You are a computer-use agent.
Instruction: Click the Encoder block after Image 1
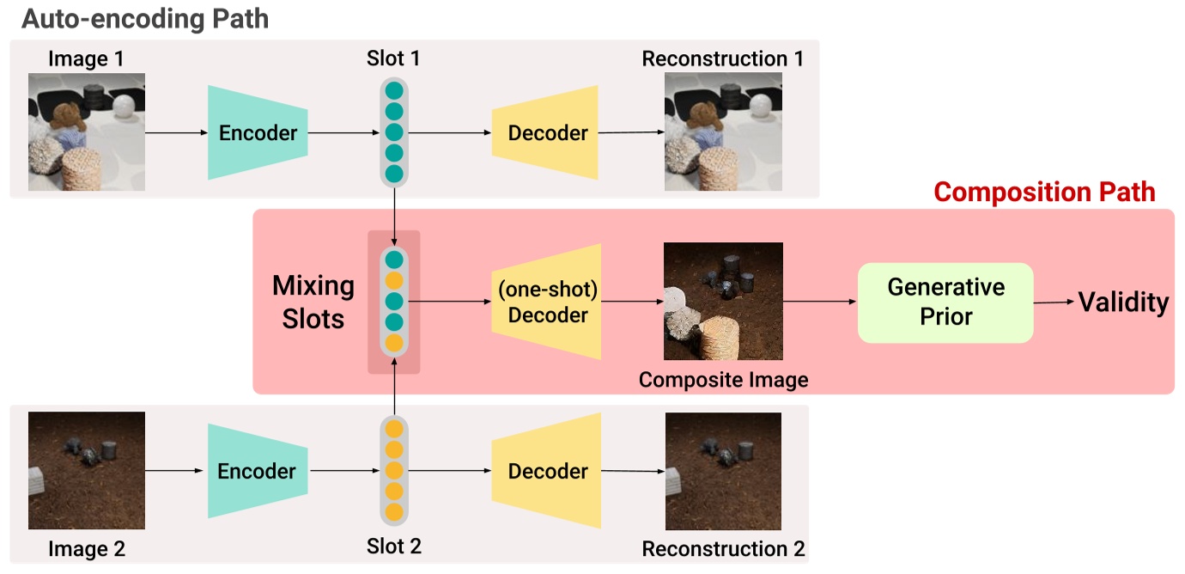tap(258, 132)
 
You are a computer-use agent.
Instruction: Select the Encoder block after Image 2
tap(258, 471)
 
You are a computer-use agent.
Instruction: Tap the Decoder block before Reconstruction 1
tap(546, 132)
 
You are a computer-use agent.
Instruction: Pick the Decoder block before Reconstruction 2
tap(546, 471)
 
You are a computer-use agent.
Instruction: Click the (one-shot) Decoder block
tap(546, 302)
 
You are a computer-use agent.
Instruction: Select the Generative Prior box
tap(945, 302)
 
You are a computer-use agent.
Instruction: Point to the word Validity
tap(1123, 302)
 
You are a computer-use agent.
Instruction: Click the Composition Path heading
tap(1044, 192)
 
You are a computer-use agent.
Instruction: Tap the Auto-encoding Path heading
tap(145, 18)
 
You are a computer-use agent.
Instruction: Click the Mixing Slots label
tap(313, 302)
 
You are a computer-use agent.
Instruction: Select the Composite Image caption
tap(723, 379)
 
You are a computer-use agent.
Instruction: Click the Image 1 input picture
tap(87, 132)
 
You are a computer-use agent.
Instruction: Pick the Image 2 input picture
tap(87, 471)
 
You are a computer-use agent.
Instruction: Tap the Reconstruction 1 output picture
tap(723, 132)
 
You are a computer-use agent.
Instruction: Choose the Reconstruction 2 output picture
tap(723, 471)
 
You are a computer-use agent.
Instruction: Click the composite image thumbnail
tap(722, 302)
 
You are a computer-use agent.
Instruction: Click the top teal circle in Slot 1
tap(394, 91)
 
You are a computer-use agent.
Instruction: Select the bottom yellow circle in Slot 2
tap(394, 512)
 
